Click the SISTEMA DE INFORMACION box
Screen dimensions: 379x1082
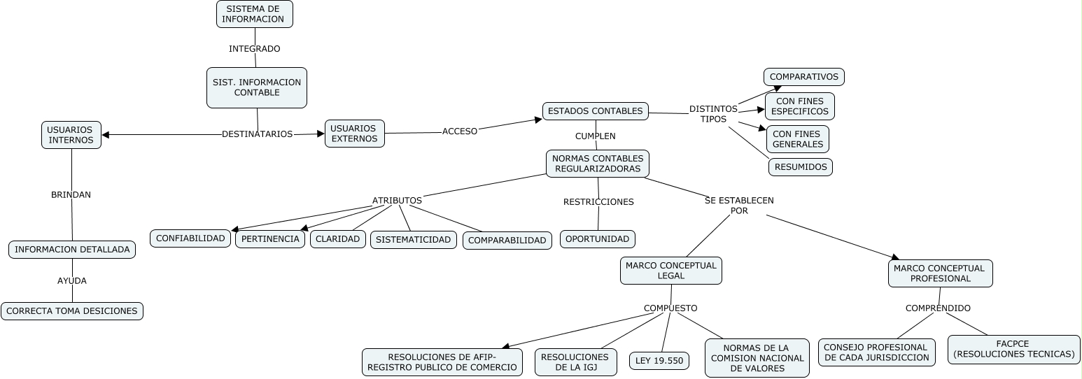254,14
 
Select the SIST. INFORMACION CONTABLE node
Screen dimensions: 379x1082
257,87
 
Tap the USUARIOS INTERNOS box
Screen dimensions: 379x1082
71,135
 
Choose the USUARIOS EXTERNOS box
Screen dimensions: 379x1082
354,134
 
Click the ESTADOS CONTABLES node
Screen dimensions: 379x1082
595,111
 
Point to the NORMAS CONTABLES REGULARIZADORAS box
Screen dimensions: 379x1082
597,164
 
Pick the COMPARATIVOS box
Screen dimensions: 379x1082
803,77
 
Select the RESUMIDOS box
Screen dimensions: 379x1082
801,167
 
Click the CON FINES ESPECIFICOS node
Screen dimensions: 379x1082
800,106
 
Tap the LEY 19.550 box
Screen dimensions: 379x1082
659,361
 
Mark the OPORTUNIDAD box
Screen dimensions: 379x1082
597,239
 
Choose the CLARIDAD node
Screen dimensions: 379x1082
337,239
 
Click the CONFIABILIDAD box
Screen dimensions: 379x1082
190,238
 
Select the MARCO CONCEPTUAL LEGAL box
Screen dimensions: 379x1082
670,271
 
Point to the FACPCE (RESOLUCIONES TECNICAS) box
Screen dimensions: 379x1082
1013,349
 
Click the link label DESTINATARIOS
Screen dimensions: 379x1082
257,134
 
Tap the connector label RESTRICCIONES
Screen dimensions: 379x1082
598,202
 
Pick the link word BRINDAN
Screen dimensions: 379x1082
71,195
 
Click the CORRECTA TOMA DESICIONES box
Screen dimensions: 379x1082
72,311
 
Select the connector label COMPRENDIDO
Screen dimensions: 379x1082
938,308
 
